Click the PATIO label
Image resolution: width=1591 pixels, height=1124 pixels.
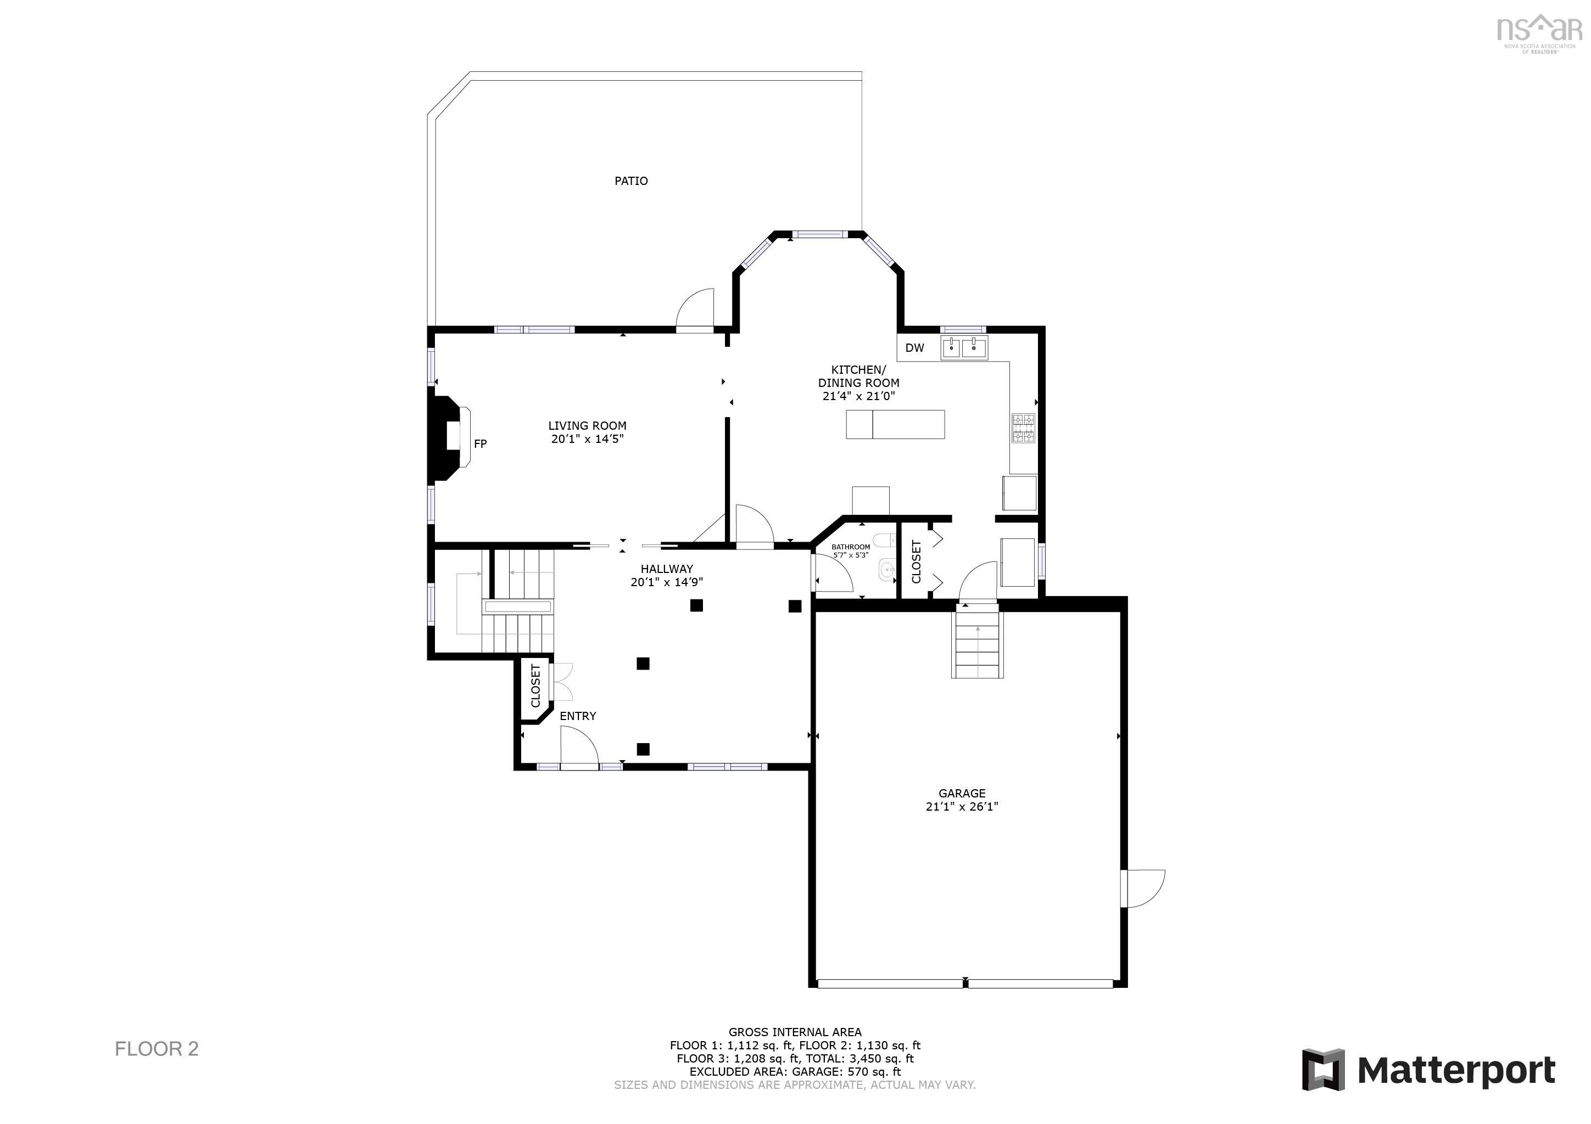630,181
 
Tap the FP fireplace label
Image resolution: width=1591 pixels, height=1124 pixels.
480,444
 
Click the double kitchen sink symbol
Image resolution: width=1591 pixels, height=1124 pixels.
964,347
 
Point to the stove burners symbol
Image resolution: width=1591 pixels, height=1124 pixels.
1023,428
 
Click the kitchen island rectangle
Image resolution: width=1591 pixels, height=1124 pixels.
895,424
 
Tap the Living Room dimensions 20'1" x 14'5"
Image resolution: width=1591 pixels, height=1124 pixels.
587,439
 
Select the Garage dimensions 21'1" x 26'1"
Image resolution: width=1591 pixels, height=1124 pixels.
961,806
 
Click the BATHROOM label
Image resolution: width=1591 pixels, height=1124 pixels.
850,547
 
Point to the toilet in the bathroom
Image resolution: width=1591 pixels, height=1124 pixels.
884,540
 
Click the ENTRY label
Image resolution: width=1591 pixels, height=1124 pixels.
577,716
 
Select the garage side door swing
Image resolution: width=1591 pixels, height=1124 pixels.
1144,889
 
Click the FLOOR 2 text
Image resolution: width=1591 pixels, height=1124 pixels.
157,1048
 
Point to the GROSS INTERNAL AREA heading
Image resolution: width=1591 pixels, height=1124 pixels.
794,1032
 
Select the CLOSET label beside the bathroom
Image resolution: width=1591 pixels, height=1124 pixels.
916,561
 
